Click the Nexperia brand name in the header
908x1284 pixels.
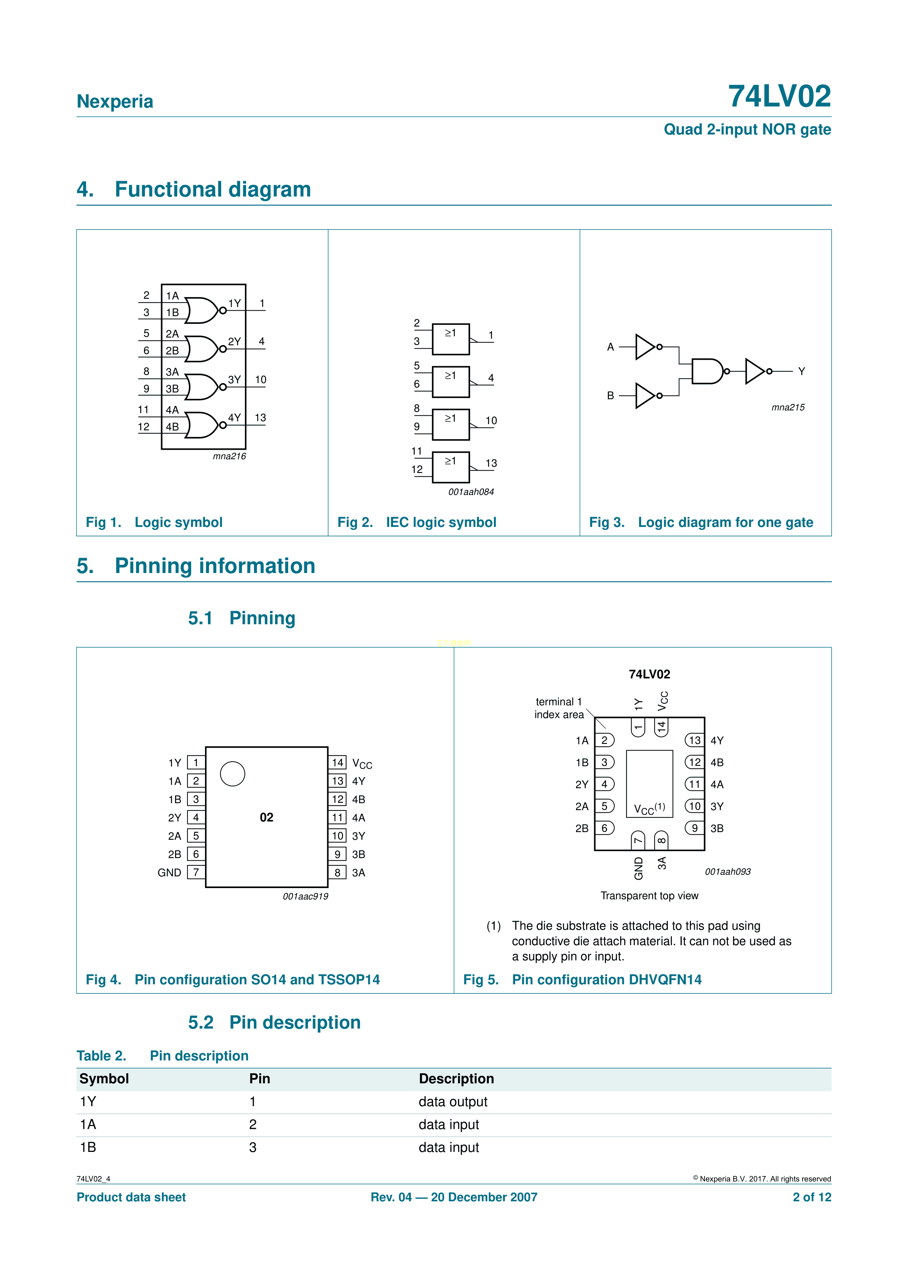click(x=115, y=101)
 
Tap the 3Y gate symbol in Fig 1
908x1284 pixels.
click(x=201, y=386)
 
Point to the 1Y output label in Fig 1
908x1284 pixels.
click(x=234, y=303)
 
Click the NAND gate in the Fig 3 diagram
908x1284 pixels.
click(x=707, y=371)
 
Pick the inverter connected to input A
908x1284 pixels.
click(x=645, y=347)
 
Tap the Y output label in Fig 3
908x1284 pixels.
click(x=801, y=371)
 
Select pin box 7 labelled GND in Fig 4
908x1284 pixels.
click(x=196, y=872)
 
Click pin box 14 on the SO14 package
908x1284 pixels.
click(x=337, y=762)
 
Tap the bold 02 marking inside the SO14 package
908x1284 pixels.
click(x=266, y=817)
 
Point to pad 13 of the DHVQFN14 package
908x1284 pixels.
click(x=694, y=740)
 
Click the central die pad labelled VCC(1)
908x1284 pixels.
click(x=649, y=783)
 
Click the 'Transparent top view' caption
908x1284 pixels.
click(x=649, y=896)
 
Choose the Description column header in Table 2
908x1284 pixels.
click(x=456, y=1079)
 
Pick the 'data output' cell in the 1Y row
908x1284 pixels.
click(x=453, y=1102)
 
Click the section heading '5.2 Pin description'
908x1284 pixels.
click(x=274, y=1022)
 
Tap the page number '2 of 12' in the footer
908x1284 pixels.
click(x=811, y=1197)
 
